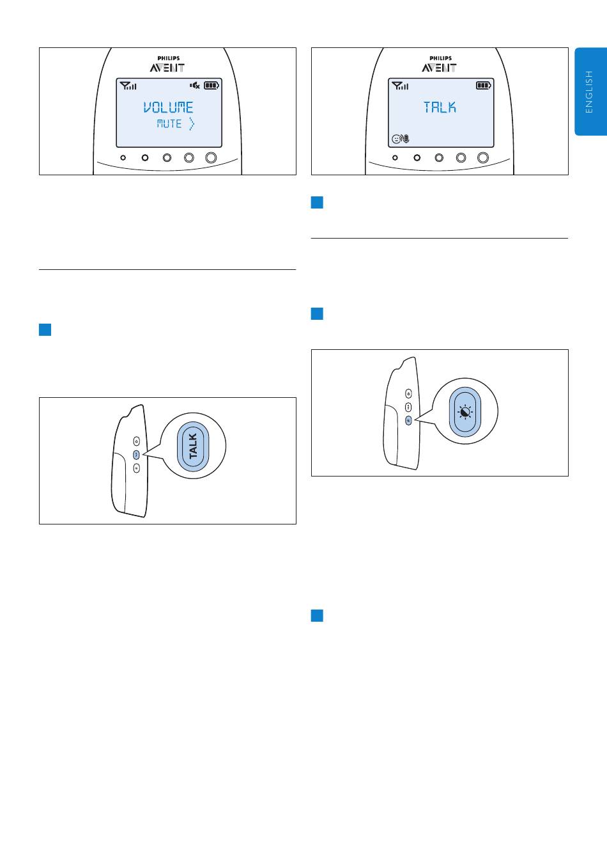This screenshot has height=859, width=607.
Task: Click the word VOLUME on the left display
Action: tap(168, 107)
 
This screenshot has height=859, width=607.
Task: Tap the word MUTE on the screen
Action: tap(169, 124)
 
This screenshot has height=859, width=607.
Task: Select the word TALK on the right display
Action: tap(440, 107)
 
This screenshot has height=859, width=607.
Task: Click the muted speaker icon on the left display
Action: tap(195, 86)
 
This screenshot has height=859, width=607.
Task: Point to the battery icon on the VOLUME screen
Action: tap(211, 86)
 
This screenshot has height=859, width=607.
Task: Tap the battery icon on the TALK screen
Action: tap(483, 86)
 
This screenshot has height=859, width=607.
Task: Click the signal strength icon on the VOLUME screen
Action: tap(128, 86)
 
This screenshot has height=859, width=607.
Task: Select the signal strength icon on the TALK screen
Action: tap(400, 86)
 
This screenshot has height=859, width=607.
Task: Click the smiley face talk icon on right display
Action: tap(400, 138)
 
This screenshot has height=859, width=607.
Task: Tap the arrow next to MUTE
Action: tap(192, 124)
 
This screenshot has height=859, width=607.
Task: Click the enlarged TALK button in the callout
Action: tap(193, 446)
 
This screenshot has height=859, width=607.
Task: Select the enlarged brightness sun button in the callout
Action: tap(465, 412)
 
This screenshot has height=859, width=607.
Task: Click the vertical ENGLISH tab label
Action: tap(589, 91)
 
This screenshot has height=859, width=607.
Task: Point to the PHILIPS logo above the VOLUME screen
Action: tap(169, 58)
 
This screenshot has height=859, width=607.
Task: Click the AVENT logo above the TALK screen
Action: tap(439, 68)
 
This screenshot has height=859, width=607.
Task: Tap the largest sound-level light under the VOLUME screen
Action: tap(211, 157)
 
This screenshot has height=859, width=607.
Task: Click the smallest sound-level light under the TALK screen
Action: tap(395, 157)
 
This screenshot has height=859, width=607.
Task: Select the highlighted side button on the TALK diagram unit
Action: tap(136, 455)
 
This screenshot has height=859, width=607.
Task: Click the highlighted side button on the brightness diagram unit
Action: tap(409, 421)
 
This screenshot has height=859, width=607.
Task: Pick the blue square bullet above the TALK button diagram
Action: tap(45, 329)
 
